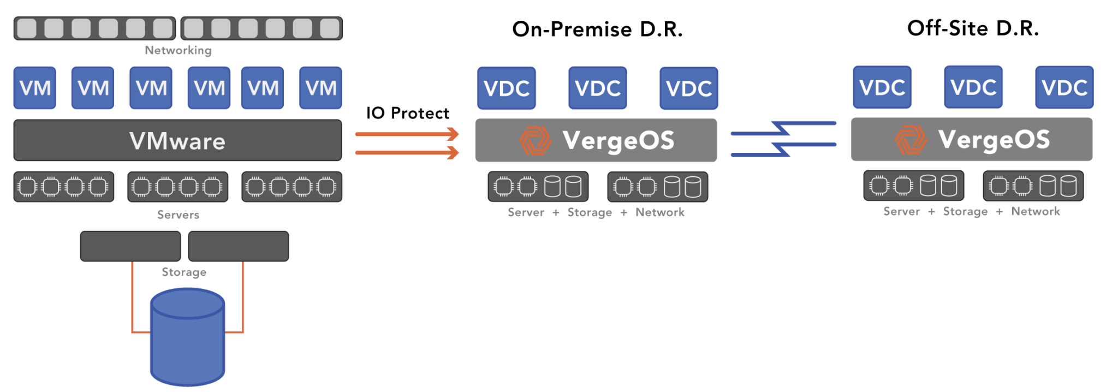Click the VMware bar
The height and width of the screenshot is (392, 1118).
tap(177, 141)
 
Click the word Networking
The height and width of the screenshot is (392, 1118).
tap(178, 50)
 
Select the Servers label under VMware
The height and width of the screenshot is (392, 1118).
tap(178, 215)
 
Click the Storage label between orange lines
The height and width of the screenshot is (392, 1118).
tap(184, 272)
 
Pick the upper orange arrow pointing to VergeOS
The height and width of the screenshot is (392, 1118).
tap(407, 134)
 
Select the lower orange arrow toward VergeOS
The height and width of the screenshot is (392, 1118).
tap(407, 152)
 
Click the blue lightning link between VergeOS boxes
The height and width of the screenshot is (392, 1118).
tap(783, 139)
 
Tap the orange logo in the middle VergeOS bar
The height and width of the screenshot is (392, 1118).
tap(535, 140)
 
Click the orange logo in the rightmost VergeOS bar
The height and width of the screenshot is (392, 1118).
tap(911, 139)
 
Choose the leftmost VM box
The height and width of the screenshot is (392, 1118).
tap(34, 88)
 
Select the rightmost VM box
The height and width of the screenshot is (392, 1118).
tap(320, 88)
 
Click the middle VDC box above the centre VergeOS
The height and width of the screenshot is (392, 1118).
tap(597, 88)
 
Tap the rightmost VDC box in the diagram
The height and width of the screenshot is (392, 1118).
tap(1064, 87)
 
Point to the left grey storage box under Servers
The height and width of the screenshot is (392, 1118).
tap(130, 246)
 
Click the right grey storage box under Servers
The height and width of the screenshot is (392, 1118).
tap(238, 246)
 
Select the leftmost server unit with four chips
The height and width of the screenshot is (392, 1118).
tap(63, 187)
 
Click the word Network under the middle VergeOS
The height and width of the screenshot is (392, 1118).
tap(660, 212)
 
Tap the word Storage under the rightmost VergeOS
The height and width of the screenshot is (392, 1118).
tap(965, 211)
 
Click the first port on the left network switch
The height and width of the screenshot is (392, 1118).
tap(27, 28)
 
